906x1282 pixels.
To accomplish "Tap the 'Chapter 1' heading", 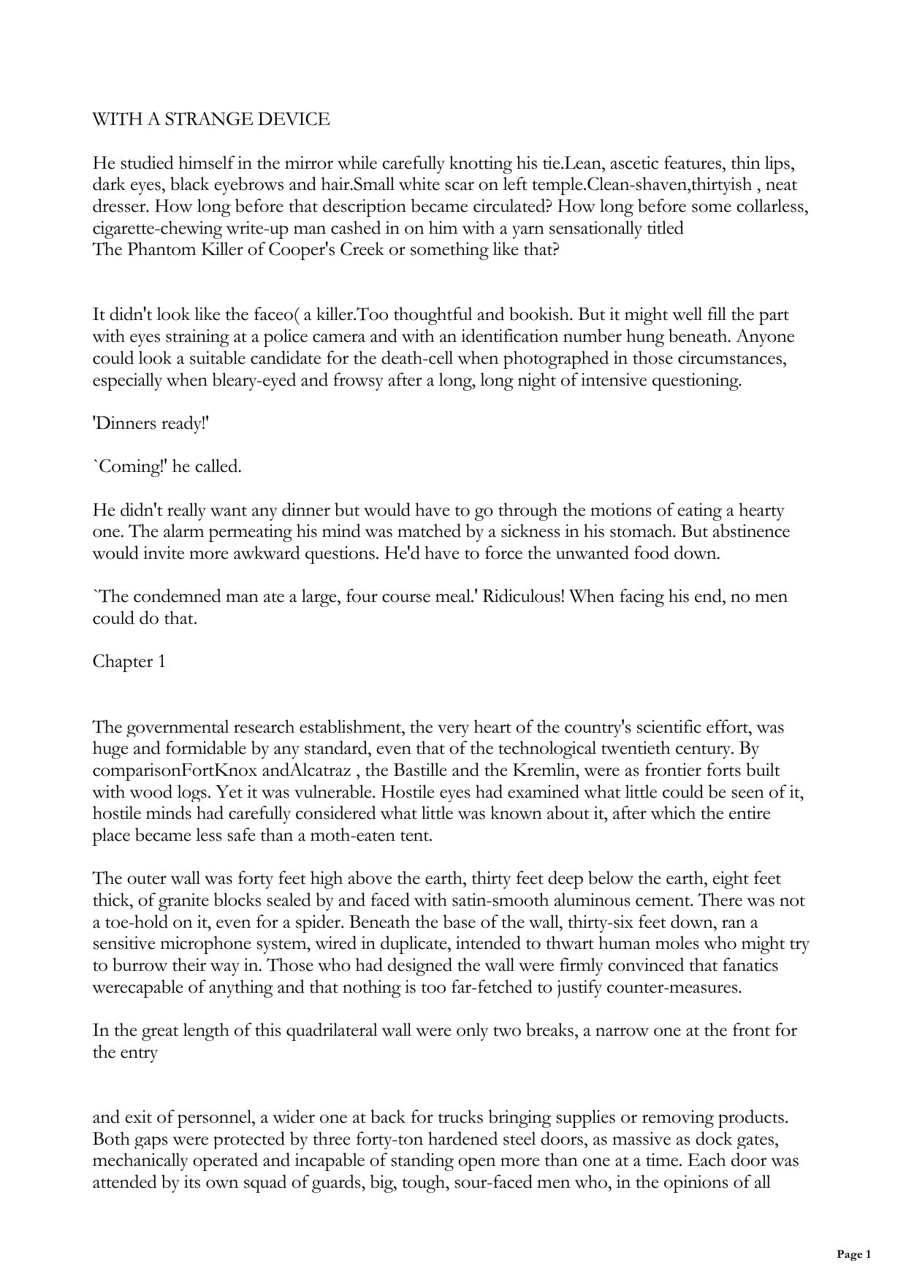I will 129,661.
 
